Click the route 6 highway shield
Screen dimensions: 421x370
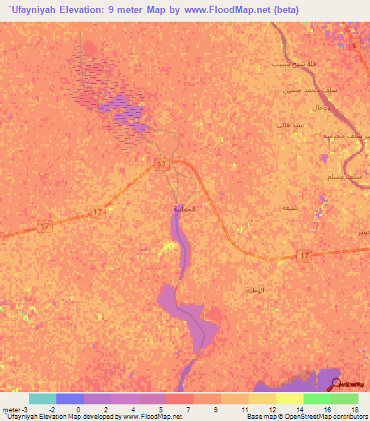[355, 46]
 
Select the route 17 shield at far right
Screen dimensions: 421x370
[304, 256]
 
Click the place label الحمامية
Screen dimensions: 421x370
[184, 208]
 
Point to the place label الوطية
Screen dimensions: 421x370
[255, 289]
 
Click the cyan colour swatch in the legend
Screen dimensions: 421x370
[42, 399]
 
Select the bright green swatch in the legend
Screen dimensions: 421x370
[317, 399]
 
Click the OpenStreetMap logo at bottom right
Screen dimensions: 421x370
[347, 385]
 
